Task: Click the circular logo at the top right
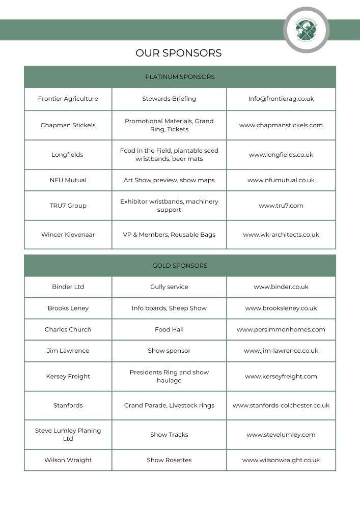(x=306, y=30)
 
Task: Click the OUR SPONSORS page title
(x=178, y=53)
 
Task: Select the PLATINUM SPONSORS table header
(x=180, y=77)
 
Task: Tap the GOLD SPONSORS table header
(x=180, y=266)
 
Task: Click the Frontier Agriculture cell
(x=68, y=99)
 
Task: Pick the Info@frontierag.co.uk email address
(x=281, y=99)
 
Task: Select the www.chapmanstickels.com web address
(x=281, y=125)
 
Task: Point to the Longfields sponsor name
(x=67, y=155)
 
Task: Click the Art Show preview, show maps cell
(x=169, y=180)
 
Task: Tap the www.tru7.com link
(x=281, y=206)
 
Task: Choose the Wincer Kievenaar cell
(x=68, y=235)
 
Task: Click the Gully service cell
(x=169, y=287)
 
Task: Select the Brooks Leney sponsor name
(x=68, y=308)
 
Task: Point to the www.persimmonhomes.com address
(x=281, y=330)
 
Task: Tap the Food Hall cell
(x=169, y=330)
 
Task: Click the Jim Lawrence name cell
(x=68, y=351)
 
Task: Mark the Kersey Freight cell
(x=68, y=377)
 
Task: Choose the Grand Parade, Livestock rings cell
(x=169, y=406)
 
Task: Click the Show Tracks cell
(x=169, y=435)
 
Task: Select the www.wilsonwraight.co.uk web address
(x=281, y=460)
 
